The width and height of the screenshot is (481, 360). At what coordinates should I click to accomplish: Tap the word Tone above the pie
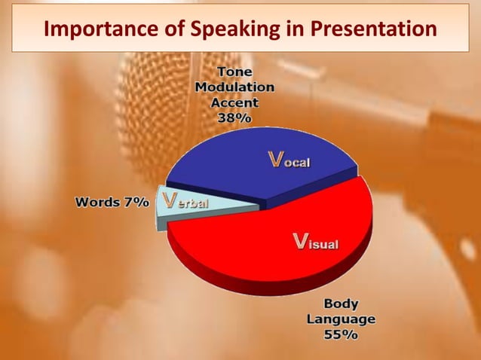234,72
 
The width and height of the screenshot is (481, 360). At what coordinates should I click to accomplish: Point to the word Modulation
234,87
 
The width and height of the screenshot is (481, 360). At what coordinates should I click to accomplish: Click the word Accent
234,102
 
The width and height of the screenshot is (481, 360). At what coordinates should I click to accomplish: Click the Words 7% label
112,202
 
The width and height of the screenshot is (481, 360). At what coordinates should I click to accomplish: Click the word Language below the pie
341,319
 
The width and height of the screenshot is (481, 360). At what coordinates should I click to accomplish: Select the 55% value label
341,335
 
